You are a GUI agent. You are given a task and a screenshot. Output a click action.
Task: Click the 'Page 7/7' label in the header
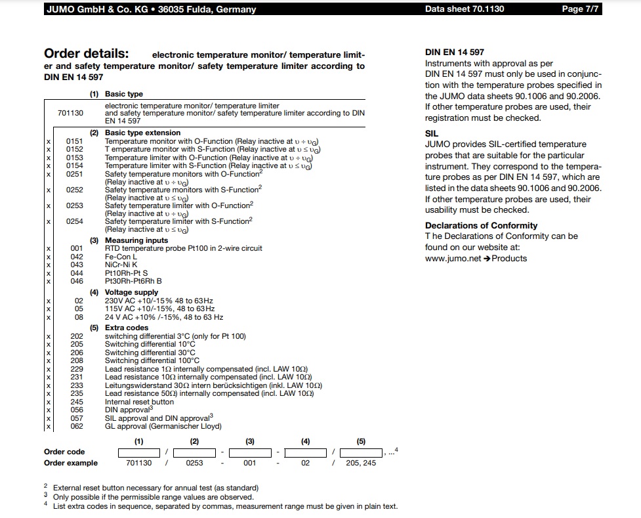(x=581, y=9)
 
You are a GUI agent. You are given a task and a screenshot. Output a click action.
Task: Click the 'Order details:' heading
(x=86, y=54)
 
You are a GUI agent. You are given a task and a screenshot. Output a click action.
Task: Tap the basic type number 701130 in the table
(x=70, y=113)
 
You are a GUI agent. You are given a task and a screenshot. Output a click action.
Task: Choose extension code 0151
(x=75, y=141)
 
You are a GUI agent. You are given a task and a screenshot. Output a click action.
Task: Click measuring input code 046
(x=77, y=281)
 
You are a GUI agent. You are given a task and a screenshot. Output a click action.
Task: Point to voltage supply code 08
(x=79, y=317)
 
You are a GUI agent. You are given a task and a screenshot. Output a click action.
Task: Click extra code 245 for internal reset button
(x=77, y=402)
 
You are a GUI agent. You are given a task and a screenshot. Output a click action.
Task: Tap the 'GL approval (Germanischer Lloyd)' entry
(x=163, y=426)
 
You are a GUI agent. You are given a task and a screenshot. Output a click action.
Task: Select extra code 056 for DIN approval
(x=77, y=410)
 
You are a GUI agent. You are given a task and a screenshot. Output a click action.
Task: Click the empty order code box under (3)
(x=249, y=452)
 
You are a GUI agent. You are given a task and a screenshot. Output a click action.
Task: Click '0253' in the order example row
(x=194, y=463)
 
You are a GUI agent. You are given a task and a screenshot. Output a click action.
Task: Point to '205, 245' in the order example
(x=361, y=463)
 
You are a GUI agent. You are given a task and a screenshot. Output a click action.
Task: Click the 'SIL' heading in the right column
(x=432, y=133)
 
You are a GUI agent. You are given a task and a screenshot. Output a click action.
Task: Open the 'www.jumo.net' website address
(x=452, y=258)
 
